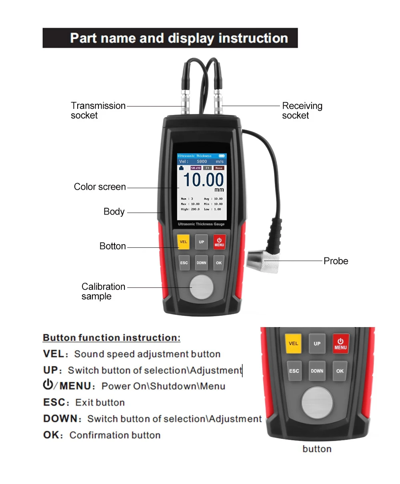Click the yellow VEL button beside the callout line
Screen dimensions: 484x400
pyautogui.click(x=183, y=242)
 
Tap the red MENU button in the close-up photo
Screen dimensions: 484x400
pyautogui.click(x=340, y=344)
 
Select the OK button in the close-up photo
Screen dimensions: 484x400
pyautogui.click(x=340, y=371)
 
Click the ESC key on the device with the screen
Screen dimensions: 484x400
pyautogui.click(x=184, y=263)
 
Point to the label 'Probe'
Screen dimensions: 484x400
pyautogui.click(x=336, y=261)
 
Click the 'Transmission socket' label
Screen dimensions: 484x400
pyautogui.click(x=98, y=110)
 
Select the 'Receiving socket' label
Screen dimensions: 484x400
pyautogui.click(x=302, y=110)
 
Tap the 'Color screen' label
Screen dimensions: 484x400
pyautogui.click(x=100, y=187)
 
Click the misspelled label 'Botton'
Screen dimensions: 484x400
pyautogui.click(x=112, y=246)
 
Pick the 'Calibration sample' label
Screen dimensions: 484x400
pyautogui.click(x=103, y=291)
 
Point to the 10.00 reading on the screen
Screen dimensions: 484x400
pyautogui.click(x=203, y=180)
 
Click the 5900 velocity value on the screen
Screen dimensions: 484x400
pyautogui.click(x=202, y=161)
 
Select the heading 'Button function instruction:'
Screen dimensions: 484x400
pyautogui.click(x=112, y=338)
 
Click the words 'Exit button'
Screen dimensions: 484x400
pyautogui.click(x=100, y=403)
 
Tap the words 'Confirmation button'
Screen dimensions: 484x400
pyautogui.click(x=115, y=435)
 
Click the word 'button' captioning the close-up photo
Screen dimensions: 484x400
pyautogui.click(x=317, y=449)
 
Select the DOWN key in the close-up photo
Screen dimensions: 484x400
pyautogui.click(x=317, y=371)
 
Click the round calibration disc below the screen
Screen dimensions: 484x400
pyautogui.click(x=202, y=287)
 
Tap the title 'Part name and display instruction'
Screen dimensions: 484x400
pyautogui.click(x=179, y=38)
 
